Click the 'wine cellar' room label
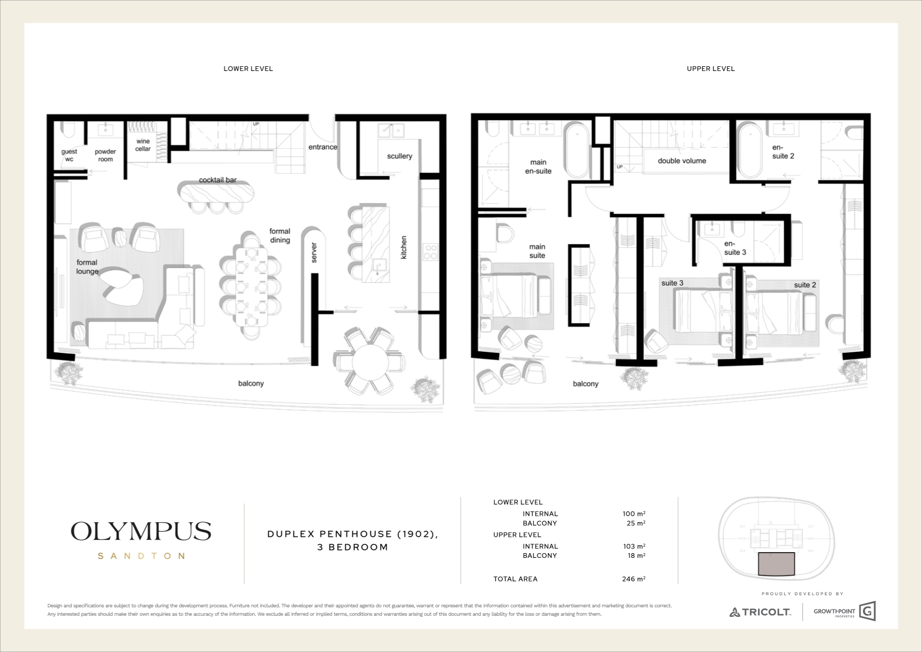point(143,145)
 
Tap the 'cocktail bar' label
point(218,180)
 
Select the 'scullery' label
point(399,156)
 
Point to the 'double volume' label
point(682,161)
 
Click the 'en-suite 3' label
point(735,248)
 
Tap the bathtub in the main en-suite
point(578,151)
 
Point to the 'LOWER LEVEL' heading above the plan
point(248,68)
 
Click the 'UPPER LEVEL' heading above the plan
point(711,68)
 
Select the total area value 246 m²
point(633,579)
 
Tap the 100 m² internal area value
point(634,514)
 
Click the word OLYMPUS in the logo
point(141,531)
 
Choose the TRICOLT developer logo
point(760,612)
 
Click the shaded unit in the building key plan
point(776,565)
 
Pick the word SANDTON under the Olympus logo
point(141,556)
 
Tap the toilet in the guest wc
point(68,130)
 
